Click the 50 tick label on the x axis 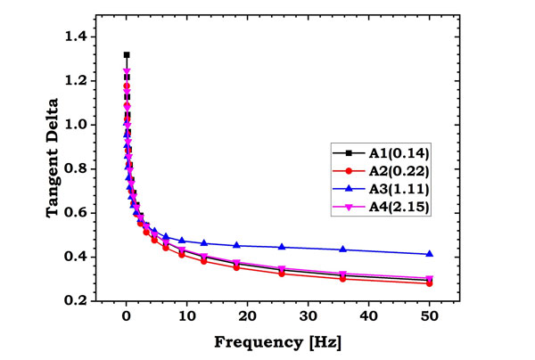click(x=429, y=316)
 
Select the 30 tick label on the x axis click(x=308, y=316)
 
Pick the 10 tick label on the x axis click(x=186, y=316)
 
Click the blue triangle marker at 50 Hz click(x=429, y=254)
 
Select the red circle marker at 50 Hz click(x=429, y=283)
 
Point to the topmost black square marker click(x=127, y=55)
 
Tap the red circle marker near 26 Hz click(x=282, y=273)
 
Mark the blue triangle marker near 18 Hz click(x=236, y=245)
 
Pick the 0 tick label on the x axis click(x=127, y=316)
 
